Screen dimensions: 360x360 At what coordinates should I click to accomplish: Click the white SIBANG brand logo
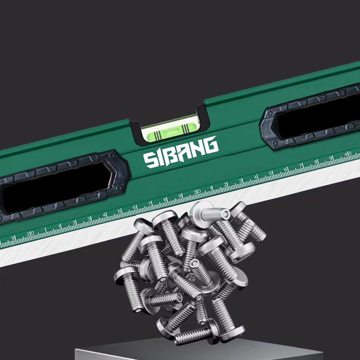point(181,152)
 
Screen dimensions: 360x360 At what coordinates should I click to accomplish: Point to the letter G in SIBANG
point(211,145)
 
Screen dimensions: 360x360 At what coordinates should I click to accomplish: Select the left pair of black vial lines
point(157,135)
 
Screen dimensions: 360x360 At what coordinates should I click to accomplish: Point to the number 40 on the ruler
point(348,153)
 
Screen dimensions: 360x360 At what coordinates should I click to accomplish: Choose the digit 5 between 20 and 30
point(119,211)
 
